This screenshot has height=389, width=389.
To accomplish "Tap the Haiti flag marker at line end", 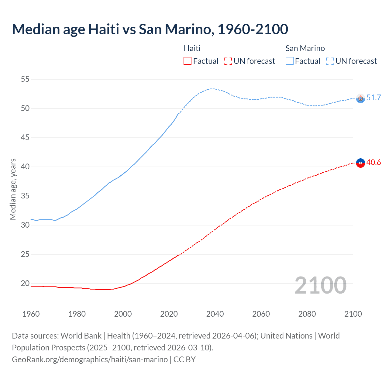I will (360, 163).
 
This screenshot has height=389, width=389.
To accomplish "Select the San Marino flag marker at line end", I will (360, 98).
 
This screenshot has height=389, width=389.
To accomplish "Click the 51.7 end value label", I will (374, 98).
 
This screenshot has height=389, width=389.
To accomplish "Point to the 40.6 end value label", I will (374, 163).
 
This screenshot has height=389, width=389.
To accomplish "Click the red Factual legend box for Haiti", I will (188, 61).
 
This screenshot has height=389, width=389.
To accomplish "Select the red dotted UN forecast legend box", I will (228, 61).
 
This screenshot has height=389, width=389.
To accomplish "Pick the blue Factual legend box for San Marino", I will (290, 61).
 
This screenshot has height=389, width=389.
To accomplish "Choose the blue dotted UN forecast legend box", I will (330, 61).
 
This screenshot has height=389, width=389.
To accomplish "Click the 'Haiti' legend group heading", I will (192, 48).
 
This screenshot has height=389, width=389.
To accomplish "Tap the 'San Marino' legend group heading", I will (305, 48).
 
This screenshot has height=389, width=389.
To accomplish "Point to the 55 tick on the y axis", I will (25, 79).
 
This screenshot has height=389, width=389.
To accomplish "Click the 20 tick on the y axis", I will (25, 284).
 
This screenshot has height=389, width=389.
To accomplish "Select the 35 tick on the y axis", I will (25, 196).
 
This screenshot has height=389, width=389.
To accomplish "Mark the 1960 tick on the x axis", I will (31, 314).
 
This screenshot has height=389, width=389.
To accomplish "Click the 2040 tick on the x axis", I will (215, 314).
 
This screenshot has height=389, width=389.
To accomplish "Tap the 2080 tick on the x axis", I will (307, 314).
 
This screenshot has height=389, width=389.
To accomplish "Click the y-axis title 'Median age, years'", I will (13, 189).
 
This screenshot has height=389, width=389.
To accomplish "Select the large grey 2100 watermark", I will (321, 285).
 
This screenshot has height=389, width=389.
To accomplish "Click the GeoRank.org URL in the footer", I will (90, 359).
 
